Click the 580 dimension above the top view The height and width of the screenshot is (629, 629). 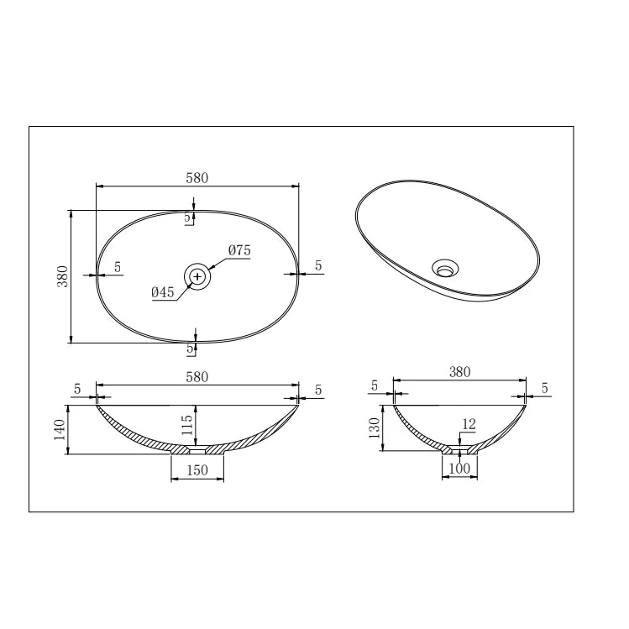(x=197, y=178)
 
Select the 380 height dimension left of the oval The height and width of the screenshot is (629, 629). (x=63, y=276)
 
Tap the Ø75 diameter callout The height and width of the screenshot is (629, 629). (x=239, y=250)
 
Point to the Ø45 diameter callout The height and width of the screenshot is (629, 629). (x=163, y=292)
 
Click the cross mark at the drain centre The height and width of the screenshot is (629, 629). (x=197, y=276)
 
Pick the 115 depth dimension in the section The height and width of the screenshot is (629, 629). (x=187, y=425)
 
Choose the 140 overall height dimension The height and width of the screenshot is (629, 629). (x=60, y=430)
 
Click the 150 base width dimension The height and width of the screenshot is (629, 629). (x=197, y=470)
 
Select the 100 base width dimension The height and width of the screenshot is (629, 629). (x=459, y=468)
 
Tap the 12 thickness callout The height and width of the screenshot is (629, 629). (x=469, y=424)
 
